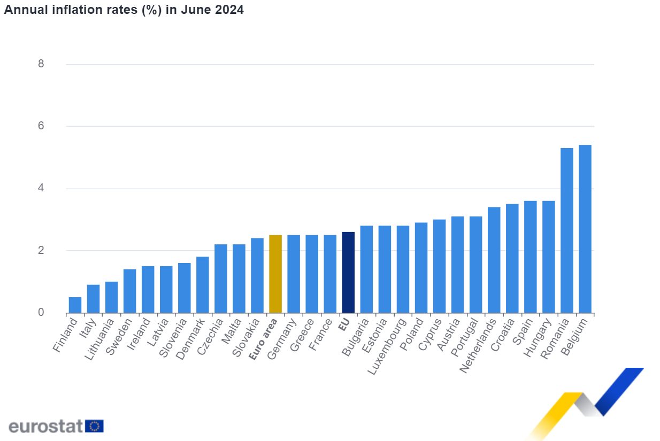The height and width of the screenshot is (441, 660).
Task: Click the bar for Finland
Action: pyautogui.click(x=75, y=305)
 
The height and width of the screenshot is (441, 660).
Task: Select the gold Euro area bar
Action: pyautogui.click(x=275, y=274)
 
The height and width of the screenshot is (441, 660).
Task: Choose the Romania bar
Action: pyautogui.click(x=566, y=230)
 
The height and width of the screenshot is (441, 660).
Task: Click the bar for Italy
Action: pyautogui.click(x=93, y=299)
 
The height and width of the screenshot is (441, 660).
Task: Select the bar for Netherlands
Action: pyautogui.click(x=494, y=260)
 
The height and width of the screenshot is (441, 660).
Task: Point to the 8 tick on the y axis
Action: pyautogui.click(x=41, y=64)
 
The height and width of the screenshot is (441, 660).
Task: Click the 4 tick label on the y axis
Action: pyautogui.click(x=41, y=188)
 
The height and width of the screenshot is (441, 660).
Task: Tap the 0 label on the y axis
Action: pyautogui.click(x=41, y=313)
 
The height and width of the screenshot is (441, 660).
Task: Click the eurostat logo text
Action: pyautogui.click(x=45, y=426)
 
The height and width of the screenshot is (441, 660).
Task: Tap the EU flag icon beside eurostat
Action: pyautogui.click(x=95, y=426)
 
